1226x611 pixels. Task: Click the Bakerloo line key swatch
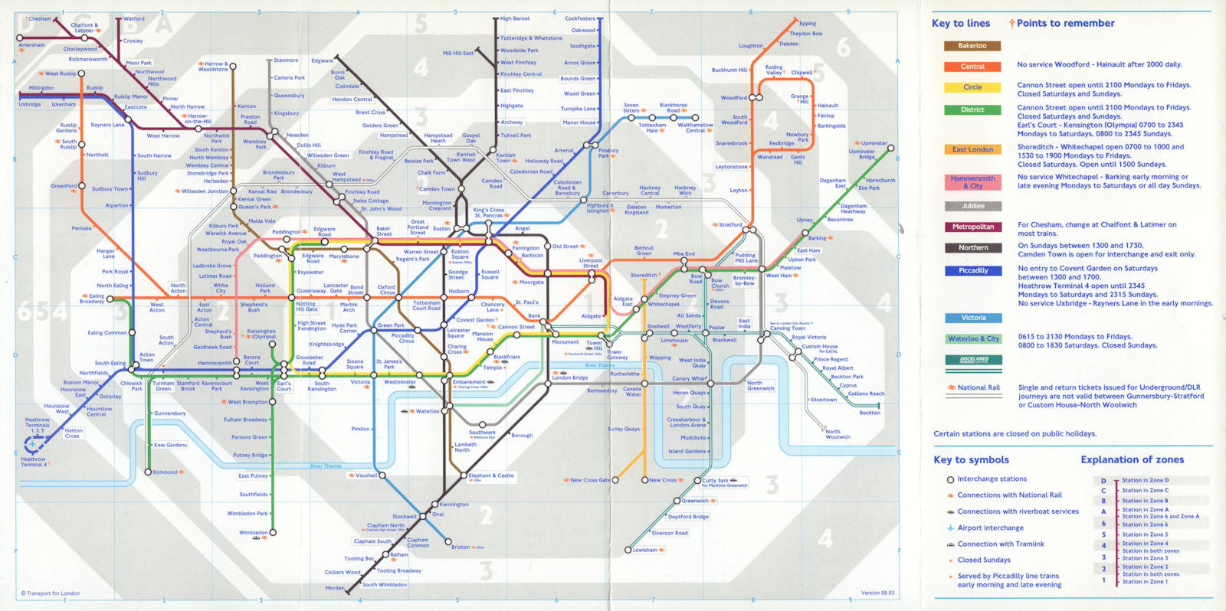click(972, 46)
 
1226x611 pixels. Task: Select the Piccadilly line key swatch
click(972, 271)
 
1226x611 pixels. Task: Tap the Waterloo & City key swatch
click(972, 338)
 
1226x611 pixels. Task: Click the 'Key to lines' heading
click(960, 24)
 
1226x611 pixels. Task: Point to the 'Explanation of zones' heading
click(1132, 460)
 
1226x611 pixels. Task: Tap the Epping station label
click(808, 24)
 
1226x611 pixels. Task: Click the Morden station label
click(335, 588)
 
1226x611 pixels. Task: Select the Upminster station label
click(874, 143)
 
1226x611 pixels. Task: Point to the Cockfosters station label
click(579, 18)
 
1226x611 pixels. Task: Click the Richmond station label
click(165, 472)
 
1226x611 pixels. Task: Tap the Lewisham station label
click(644, 550)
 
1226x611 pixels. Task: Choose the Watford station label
click(133, 19)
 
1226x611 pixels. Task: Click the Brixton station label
click(461, 547)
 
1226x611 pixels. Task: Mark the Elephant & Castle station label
click(491, 475)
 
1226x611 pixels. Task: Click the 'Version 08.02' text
click(877, 593)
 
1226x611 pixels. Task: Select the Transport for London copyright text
click(51, 593)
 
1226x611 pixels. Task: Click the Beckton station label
click(870, 413)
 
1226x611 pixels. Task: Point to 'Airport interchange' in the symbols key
click(990, 528)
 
